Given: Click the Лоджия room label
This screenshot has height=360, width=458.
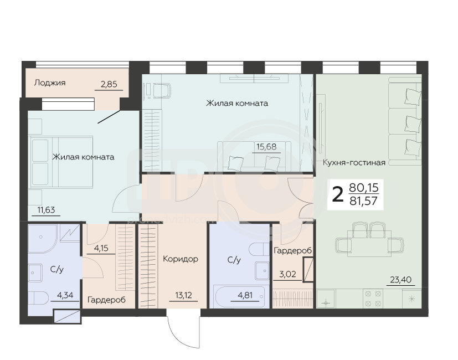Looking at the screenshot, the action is [x=50, y=83].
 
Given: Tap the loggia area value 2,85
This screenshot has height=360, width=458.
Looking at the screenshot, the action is [x=109, y=84].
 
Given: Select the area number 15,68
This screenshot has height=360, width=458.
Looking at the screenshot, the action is [x=266, y=146].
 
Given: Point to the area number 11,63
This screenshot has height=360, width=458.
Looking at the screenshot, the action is [x=46, y=209].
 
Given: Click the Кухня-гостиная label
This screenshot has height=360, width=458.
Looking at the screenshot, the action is [x=354, y=162].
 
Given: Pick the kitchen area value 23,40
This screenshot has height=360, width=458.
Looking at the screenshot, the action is [x=401, y=280].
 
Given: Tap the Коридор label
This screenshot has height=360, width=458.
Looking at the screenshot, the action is [x=181, y=259].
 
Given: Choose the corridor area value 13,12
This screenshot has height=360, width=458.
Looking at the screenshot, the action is [x=184, y=295].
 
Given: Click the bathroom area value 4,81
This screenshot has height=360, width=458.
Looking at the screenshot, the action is [x=245, y=295].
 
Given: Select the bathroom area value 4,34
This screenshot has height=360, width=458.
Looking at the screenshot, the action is [x=65, y=295].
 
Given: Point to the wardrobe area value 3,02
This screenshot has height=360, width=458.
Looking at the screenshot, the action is [x=287, y=274].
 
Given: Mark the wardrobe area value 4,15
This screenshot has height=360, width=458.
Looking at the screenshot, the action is [x=101, y=248].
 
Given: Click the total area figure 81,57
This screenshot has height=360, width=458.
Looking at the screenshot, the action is [x=364, y=201].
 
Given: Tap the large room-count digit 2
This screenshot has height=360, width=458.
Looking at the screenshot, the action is [x=338, y=194].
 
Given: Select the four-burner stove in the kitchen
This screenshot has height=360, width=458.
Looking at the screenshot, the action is [x=373, y=299].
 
